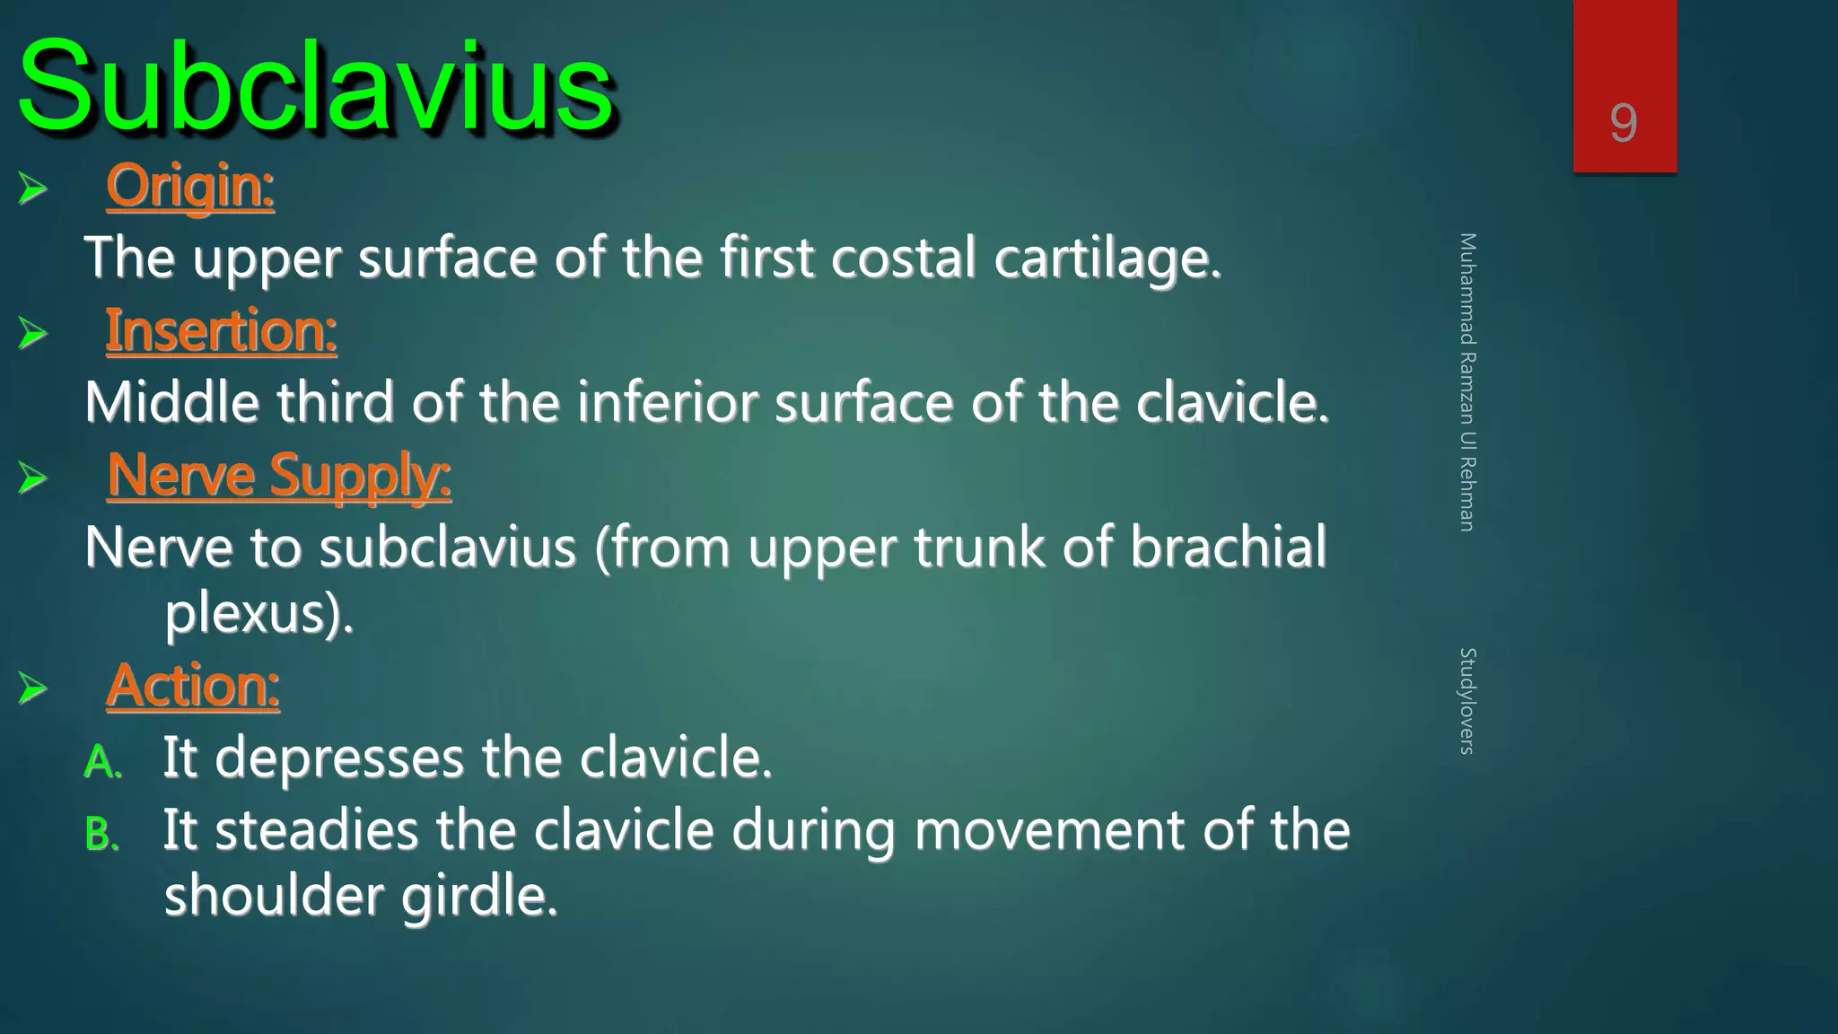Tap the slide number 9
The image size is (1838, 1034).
pyautogui.click(x=1623, y=123)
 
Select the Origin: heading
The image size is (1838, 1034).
pyautogui.click(x=190, y=186)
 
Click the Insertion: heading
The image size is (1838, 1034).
pyautogui.click(x=221, y=330)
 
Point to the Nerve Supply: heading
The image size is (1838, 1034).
pyautogui.click(x=278, y=475)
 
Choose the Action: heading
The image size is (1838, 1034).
pyautogui.click(x=193, y=686)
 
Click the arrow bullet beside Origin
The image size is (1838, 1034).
pyautogui.click(x=32, y=188)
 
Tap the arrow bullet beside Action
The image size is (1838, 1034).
pyautogui.click(x=32, y=688)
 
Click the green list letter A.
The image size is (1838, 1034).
pyautogui.click(x=101, y=763)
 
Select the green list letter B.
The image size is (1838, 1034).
pyautogui.click(x=101, y=835)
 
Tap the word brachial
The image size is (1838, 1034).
pyautogui.click(x=1228, y=547)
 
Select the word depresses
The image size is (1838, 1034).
pyautogui.click(x=339, y=758)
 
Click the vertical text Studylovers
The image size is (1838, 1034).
pyautogui.click(x=1466, y=701)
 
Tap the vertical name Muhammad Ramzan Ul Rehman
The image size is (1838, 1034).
pyautogui.click(x=1466, y=381)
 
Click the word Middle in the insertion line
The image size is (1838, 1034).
pyautogui.click(x=171, y=403)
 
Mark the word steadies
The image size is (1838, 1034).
pyautogui.click(x=317, y=830)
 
